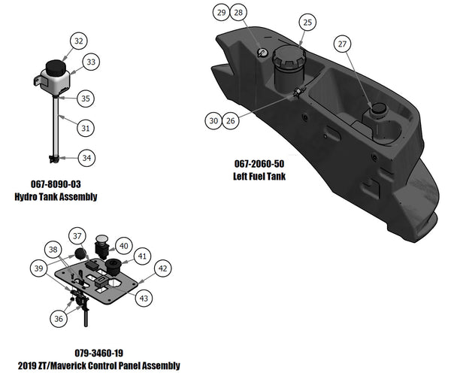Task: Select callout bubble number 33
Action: pyautogui.click(x=90, y=62)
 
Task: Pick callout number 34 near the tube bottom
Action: pyautogui.click(x=87, y=158)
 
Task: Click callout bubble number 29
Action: pyautogui.click(x=220, y=13)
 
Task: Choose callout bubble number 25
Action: pyautogui.click(x=307, y=23)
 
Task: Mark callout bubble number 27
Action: pyautogui.click(x=342, y=45)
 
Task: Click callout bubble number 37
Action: pyautogui.click(x=77, y=236)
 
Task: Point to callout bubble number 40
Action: pyautogui.click(x=124, y=245)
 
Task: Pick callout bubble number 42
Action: pyautogui.click(x=162, y=267)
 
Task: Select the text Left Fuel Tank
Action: pyautogui.click(x=259, y=176)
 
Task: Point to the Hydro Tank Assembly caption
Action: pyautogui.click(x=56, y=197)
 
